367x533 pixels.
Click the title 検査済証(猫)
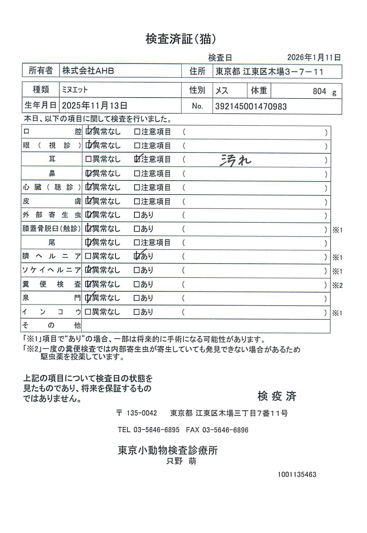[x=181, y=39]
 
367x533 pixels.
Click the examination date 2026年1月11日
[x=314, y=58]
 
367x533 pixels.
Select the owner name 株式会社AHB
[x=88, y=71]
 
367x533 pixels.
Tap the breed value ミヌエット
[x=75, y=90]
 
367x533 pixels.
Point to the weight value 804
[x=319, y=91]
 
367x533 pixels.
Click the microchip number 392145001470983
[x=251, y=107]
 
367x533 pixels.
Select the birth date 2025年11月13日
[x=94, y=106]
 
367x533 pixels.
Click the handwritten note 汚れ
[x=235, y=160]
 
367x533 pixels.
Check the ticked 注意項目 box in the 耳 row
[x=137, y=159]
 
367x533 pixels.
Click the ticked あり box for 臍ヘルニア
[x=137, y=256]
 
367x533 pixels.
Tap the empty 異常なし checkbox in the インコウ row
[x=88, y=312]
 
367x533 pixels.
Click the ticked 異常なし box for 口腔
[x=88, y=131]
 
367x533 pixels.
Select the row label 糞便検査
[x=51, y=284]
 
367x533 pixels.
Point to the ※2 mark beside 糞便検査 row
[x=337, y=285]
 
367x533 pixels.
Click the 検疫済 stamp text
[x=277, y=396]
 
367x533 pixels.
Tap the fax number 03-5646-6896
[x=225, y=430]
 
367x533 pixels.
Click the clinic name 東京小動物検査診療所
[x=168, y=450]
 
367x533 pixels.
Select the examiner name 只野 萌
[x=181, y=461]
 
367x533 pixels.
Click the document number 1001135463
[x=297, y=474]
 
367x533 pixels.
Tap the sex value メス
[x=222, y=90]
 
